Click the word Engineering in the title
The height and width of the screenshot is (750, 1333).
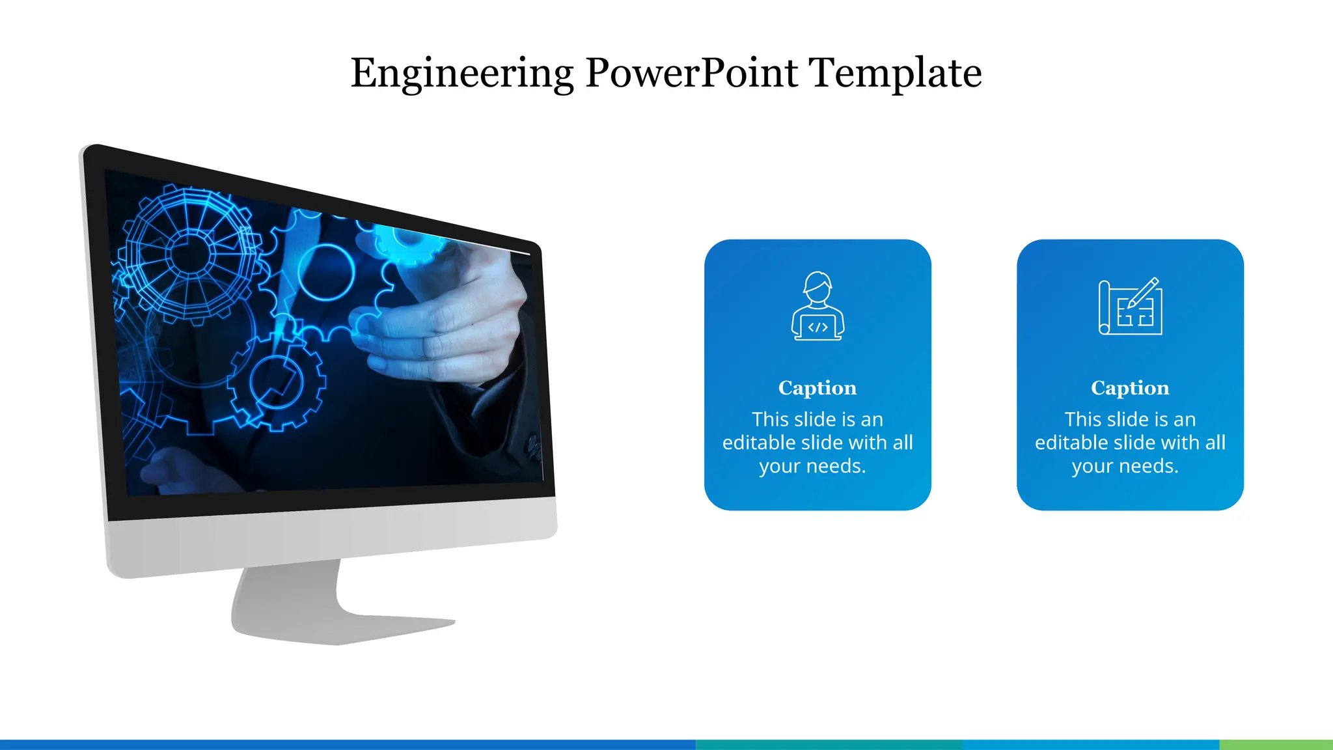pos(461,73)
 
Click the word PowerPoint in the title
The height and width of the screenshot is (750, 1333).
pos(691,73)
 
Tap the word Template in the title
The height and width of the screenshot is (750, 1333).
pos(895,73)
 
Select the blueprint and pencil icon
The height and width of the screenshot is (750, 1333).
pos(1130,306)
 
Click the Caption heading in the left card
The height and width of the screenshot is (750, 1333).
pos(818,388)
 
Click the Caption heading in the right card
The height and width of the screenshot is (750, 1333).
pos(1130,388)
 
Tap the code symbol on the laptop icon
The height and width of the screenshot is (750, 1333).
pos(818,327)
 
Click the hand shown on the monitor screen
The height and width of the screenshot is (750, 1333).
pos(449,319)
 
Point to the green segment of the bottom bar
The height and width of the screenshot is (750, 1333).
pos(1276,744)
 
